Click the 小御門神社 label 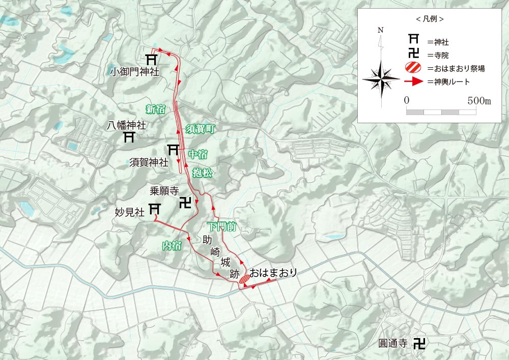click(134, 72)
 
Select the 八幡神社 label click(127, 124)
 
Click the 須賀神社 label click(149, 162)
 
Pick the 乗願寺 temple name click(164, 191)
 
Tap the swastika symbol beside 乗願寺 click(186, 203)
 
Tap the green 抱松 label click(202, 173)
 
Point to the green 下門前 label click(222, 227)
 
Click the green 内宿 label click(172, 246)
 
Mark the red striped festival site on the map click(244, 278)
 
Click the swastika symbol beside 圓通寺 click(419, 343)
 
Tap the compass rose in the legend click(381, 79)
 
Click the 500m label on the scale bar click(479, 101)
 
